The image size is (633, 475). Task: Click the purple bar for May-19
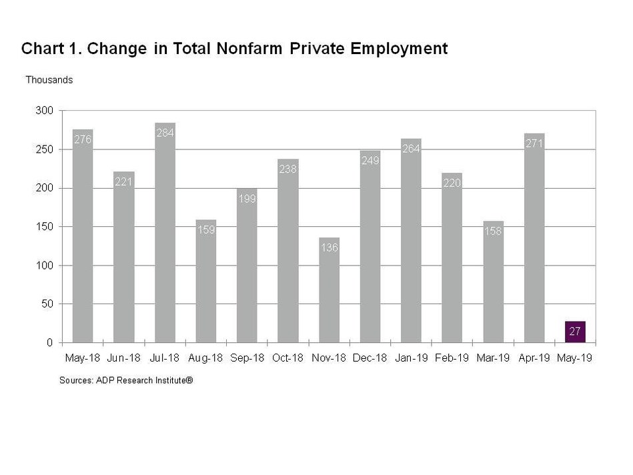pyautogui.click(x=575, y=332)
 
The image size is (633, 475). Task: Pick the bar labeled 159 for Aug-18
pyautogui.click(x=205, y=287)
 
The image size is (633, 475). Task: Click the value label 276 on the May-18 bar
pyautogui.click(x=83, y=139)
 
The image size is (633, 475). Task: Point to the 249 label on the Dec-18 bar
pyautogui.click(x=370, y=160)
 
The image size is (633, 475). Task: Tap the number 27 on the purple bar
pyautogui.click(x=575, y=331)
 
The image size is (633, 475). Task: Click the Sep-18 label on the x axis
pyautogui.click(x=247, y=358)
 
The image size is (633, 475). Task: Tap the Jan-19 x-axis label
pyautogui.click(x=412, y=358)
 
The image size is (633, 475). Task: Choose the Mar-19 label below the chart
pyautogui.click(x=494, y=358)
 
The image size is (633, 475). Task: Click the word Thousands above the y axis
pyautogui.click(x=49, y=80)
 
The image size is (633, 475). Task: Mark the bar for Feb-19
pyautogui.click(x=452, y=260)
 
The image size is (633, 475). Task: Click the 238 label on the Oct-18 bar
pyautogui.click(x=288, y=169)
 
